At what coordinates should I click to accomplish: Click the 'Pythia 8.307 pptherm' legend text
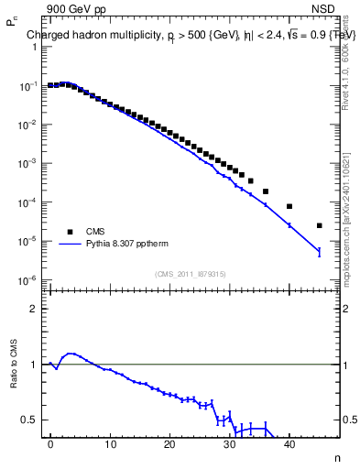131,245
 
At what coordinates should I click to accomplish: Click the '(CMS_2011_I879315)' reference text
191,274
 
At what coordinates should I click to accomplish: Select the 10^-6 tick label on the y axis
28,280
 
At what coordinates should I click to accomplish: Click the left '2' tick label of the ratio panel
35,309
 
